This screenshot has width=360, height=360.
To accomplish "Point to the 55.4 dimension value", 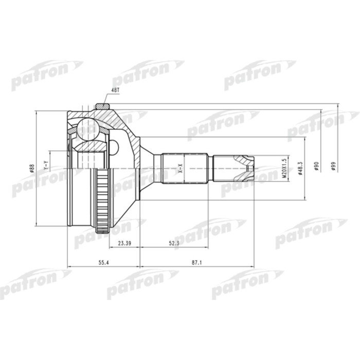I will tap(103, 262).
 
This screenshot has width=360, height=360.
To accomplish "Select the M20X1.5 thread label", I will tap(283, 168).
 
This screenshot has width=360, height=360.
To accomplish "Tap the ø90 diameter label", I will tap(317, 167).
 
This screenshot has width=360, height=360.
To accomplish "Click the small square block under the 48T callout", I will tap(103, 106).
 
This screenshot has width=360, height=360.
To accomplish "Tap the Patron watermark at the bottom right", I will tap(247, 283).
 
